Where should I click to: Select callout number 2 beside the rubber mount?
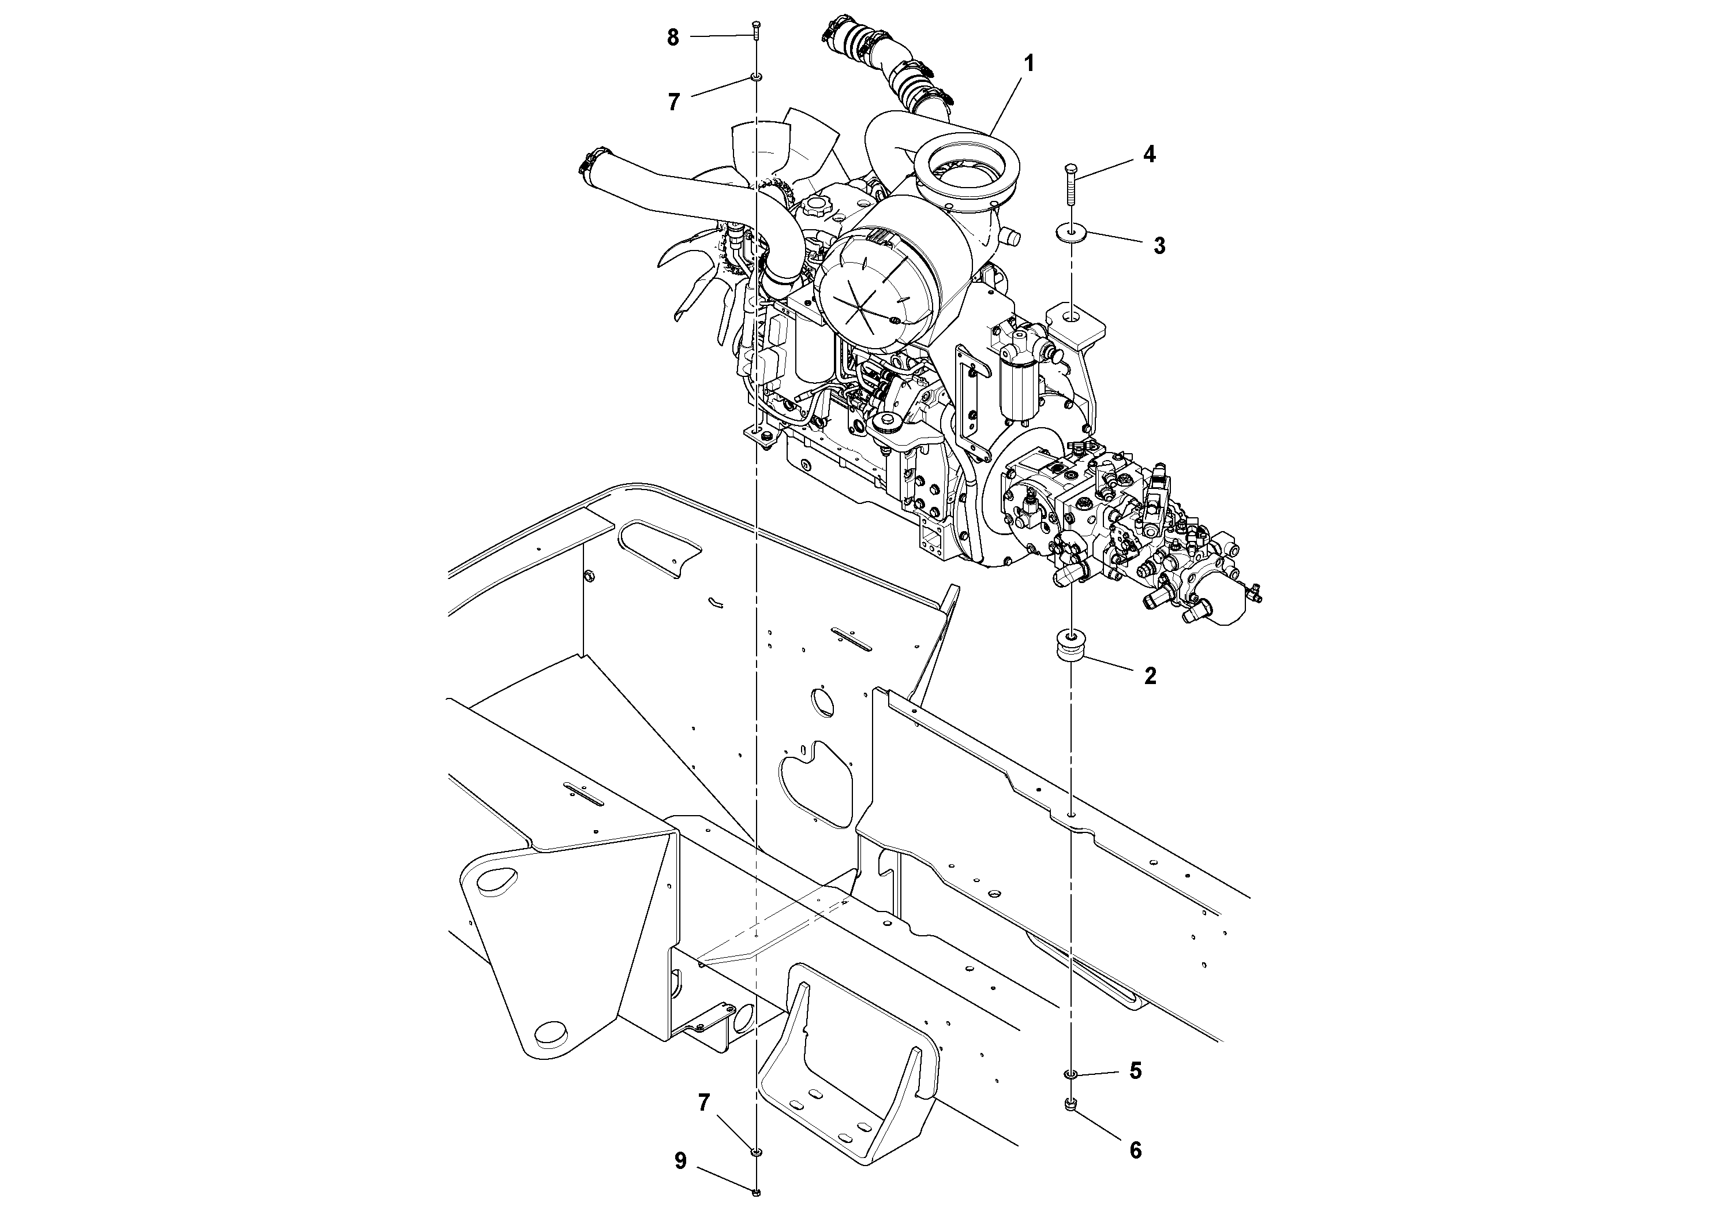click(x=1150, y=676)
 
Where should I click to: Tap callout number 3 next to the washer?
click(x=1158, y=245)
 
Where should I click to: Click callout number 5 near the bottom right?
click(x=1135, y=1071)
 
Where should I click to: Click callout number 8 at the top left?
click(x=673, y=38)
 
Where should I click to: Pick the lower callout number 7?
click(x=704, y=1103)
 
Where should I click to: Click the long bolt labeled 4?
click(x=1071, y=188)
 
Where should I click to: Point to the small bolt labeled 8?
click(x=757, y=30)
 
